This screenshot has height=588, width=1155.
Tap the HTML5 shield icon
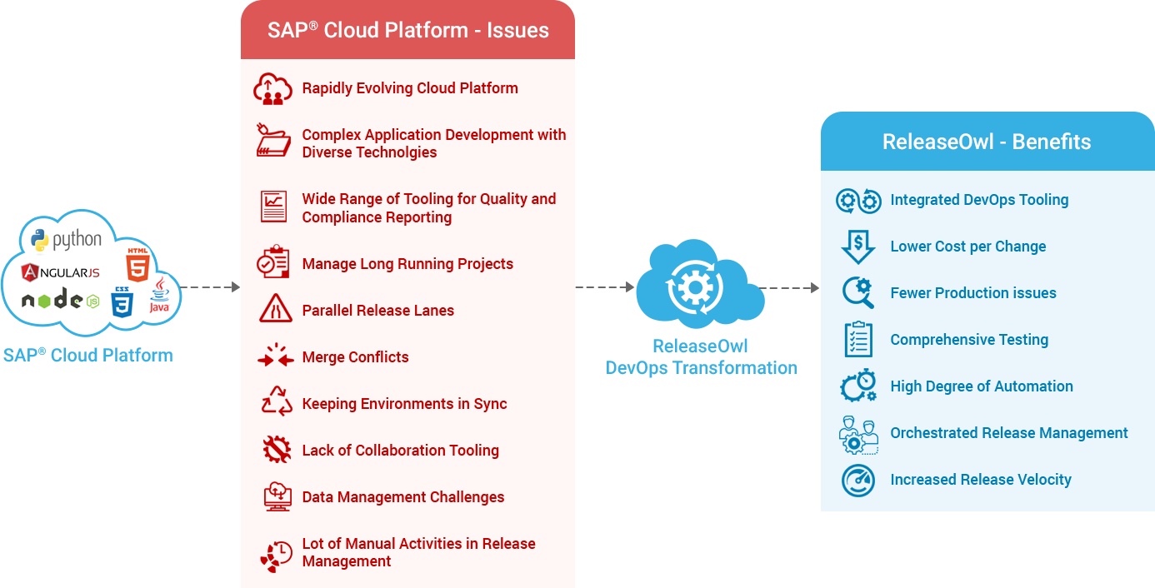click(x=137, y=264)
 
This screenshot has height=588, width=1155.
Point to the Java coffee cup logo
click(x=159, y=296)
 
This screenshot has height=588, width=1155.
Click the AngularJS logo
click(x=60, y=272)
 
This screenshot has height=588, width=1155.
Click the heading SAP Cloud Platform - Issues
click(x=407, y=31)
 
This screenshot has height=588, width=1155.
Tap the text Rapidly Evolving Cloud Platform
click(x=409, y=88)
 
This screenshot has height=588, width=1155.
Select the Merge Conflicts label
click(x=355, y=357)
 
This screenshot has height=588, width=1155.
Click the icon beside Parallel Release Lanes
click(x=273, y=310)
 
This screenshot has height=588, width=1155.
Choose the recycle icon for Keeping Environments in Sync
click(x=276, y=402)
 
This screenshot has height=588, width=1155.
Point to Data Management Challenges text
click(x=402, y=497)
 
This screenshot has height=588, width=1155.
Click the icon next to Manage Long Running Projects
click(x=273, y=262)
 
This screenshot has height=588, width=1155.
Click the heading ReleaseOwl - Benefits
click(x=986, y=142)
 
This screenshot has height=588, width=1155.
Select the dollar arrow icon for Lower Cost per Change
click(x=857, y=247)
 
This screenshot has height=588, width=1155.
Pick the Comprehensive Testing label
click(x=969, y=340)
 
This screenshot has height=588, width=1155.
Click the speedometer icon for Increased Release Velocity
click(x=857, y=481)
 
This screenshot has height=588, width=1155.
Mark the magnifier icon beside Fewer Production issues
click(x=857, y=292)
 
